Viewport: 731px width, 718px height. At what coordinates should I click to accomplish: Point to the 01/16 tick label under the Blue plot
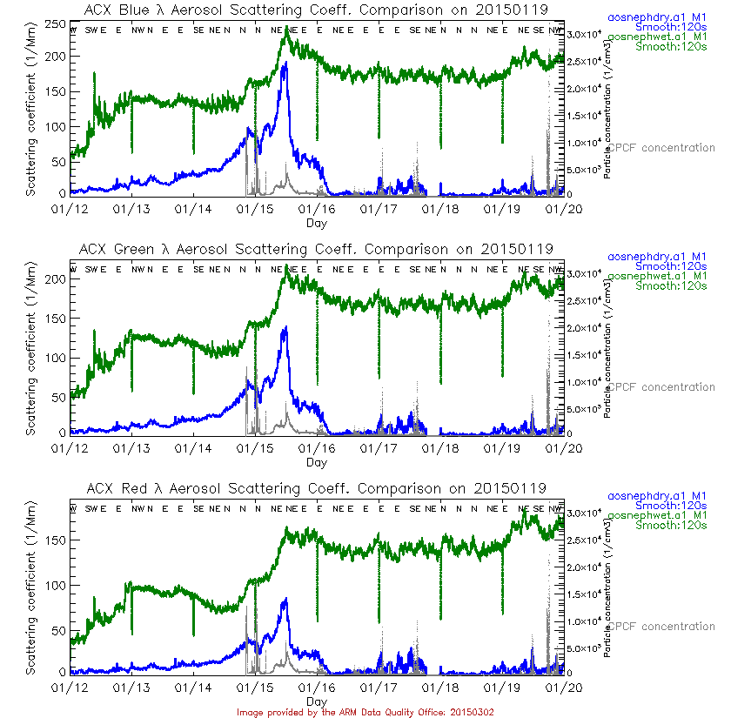point(316,209)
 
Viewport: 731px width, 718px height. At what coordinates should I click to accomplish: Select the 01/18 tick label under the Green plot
point(440,447)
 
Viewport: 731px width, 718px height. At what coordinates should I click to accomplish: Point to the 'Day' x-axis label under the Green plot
point(317,462)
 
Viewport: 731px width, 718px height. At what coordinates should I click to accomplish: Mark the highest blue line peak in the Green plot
point(285,327)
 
